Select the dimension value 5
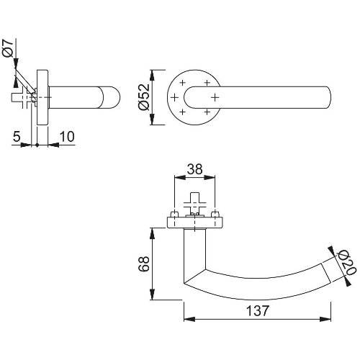(x=17, y=136)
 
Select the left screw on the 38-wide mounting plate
(x=174, y=215)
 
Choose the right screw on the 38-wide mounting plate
(x=215, y=215)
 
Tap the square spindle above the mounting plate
(x=194, y=199)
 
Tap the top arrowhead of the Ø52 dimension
(x=152, y=73)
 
